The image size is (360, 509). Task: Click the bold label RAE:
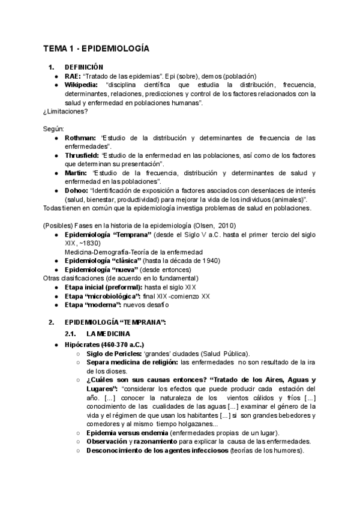coord(73,76)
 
